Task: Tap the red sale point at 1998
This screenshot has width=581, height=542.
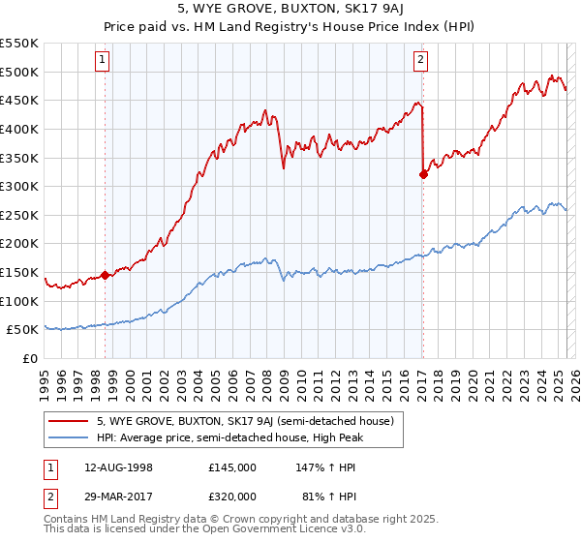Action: click(105, 275)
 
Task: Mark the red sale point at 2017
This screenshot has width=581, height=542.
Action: click(423, 174)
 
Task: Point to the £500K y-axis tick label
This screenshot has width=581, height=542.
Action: click(19, 72)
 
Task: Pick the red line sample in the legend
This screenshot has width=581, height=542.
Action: click(70, 421)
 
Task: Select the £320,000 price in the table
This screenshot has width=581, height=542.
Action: click(231, 499)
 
